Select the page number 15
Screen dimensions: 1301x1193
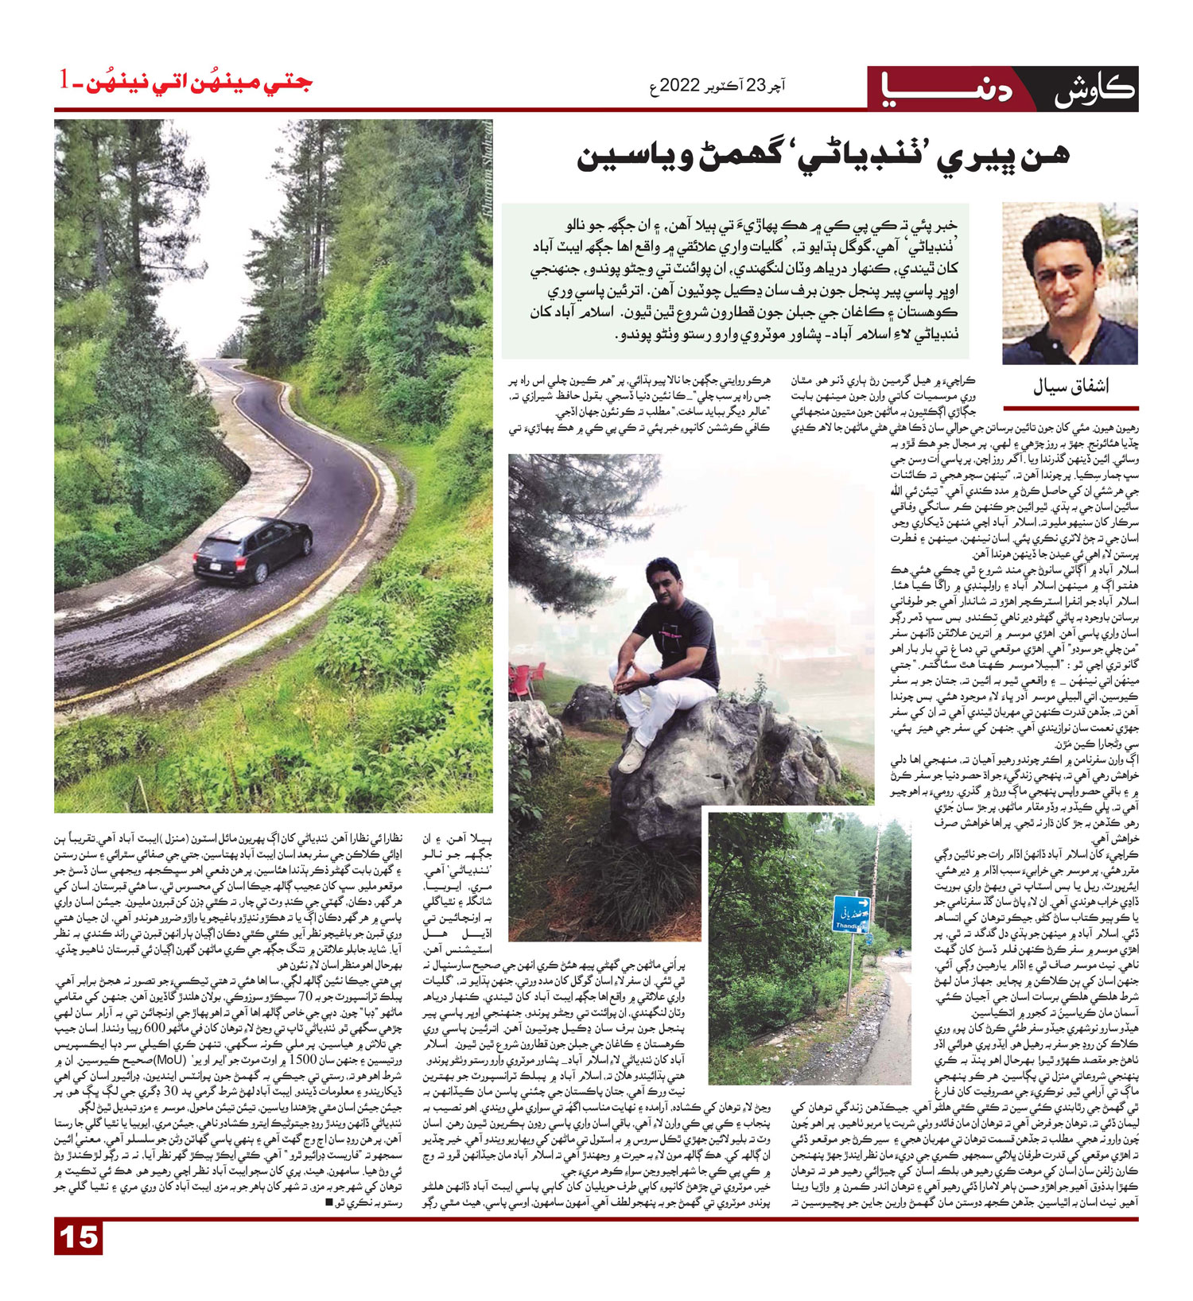[80, 1238]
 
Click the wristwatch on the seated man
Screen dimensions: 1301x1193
[652, 678]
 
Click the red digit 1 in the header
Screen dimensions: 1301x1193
[64, 80]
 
